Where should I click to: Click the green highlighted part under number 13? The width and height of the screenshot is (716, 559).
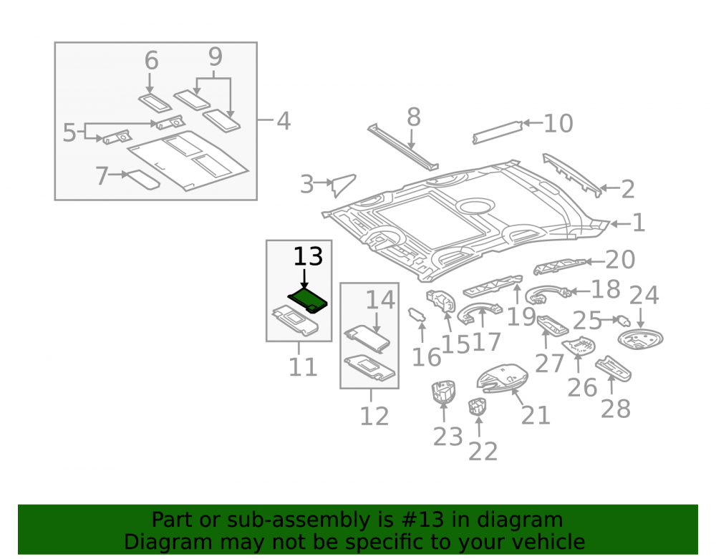point(308,301)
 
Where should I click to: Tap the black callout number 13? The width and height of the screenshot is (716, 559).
point(308,256)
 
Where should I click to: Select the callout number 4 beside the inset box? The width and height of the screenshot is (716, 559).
point(284,121)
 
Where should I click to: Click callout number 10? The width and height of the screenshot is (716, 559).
point(558,123)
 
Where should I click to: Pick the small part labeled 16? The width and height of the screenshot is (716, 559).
point(417,314)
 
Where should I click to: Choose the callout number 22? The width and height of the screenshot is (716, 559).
point(483,452)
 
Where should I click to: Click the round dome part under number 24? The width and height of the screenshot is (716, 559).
point(640,339)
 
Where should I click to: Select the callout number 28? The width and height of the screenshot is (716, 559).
point(616,409)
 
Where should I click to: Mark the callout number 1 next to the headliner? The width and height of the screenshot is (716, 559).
point(639,223)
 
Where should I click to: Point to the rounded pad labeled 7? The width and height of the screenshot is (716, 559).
point(143,180)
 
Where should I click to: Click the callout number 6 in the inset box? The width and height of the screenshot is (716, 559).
point(152,61)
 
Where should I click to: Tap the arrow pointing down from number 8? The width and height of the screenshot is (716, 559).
point(412,139)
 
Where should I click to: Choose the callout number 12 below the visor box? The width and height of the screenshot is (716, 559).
point(374,416)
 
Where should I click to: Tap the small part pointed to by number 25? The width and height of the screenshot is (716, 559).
point(623,321)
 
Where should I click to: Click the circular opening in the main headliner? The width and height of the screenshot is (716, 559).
point(475,206)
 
